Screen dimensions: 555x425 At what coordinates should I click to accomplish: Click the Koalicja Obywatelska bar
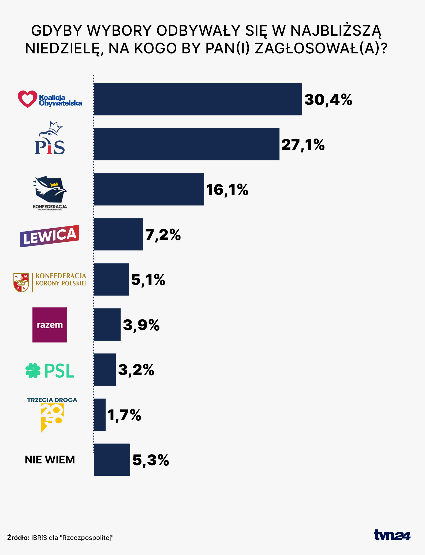pyautogui.click(x=198, y=99)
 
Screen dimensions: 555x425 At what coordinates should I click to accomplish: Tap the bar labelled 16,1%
pyautogui.click(x=149, y=189)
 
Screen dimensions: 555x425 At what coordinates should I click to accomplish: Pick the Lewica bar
pyautogui.click(x=118, y=234)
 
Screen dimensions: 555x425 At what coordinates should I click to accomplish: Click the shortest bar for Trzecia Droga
pyautogui.click(x=100, y=415)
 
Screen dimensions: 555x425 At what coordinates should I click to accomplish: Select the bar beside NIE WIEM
pyautogui.click(x=112, y=460)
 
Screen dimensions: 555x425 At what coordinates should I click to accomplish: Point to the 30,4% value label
pyautogui.click(x=328, y=100)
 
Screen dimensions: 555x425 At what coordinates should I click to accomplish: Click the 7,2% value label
pyautogui.click(x=163, y=235)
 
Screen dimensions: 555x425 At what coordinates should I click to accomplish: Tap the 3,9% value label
pyautogui.click(x=141, y=325)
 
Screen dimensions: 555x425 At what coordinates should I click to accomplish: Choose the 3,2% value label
pyautogui.click(x=136, y=370)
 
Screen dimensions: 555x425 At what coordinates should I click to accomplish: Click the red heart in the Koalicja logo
pyautogui.click(x=27, y=99)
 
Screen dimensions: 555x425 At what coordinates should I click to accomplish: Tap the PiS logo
pyautogui.click(x=50, y=138)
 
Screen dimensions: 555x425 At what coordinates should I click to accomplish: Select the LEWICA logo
pyautogui.click(x=50, y=236)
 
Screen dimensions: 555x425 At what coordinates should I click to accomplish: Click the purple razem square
pyautogui.click(x=50, y=325)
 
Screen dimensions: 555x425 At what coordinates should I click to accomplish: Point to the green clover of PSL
pyautogui.click(x=33, y=371)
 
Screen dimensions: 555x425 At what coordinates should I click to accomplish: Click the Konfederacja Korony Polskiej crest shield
pyautogui.click(x=21, y=282)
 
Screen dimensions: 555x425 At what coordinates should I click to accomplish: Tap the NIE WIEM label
pyautogui.click(x=50, y=460)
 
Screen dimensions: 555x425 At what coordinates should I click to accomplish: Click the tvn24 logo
pyautogui.click(x=392, y=535)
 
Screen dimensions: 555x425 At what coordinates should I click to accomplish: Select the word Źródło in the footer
pyautogui.click(x=18, y=537)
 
